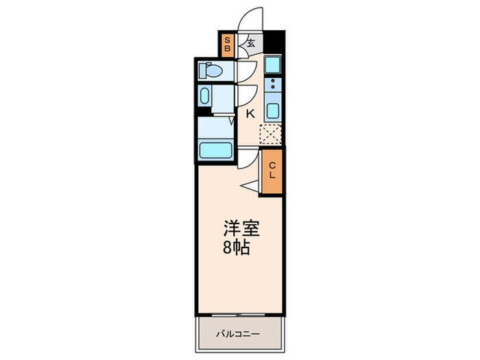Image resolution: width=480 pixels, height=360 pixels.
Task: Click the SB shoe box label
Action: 228,45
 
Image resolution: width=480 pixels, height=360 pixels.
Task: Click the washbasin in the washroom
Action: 205,95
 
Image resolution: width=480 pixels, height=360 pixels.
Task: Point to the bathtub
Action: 216,149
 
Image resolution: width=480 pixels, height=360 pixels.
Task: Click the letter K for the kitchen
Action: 250,114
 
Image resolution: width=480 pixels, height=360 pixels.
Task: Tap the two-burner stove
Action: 272,86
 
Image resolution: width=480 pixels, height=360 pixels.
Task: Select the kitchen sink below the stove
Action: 272,111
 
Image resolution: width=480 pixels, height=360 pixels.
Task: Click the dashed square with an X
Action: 271,134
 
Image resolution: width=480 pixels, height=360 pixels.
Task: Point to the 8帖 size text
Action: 237,248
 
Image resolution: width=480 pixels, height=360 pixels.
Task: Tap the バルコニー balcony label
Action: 238,334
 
